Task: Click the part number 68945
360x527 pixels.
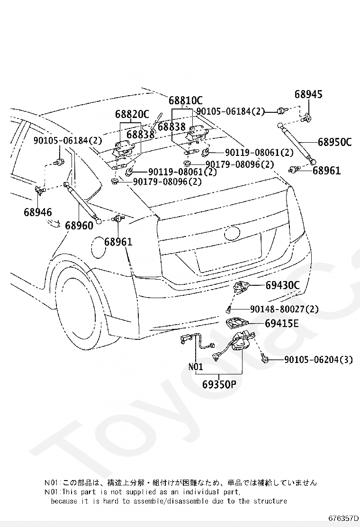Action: point(308,94)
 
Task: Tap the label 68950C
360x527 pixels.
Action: point(334,142)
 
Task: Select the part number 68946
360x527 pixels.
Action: point(38,212)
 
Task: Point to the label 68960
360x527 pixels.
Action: point(79,225)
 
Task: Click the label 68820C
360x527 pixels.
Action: point(132,114)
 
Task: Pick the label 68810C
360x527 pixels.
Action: point(186,100)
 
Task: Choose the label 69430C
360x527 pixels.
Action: point(282,285)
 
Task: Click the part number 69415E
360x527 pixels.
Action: point(281,323)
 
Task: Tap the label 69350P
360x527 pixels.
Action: point(219,384)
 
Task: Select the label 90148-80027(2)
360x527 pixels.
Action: point(284,309)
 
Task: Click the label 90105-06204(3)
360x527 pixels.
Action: point(318,360)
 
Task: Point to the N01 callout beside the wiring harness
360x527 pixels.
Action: point(196,367)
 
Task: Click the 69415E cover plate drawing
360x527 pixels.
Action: point(237,323)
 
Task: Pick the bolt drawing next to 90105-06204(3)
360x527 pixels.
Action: point(264,359)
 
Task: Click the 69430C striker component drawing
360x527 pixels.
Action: point(242,287)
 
